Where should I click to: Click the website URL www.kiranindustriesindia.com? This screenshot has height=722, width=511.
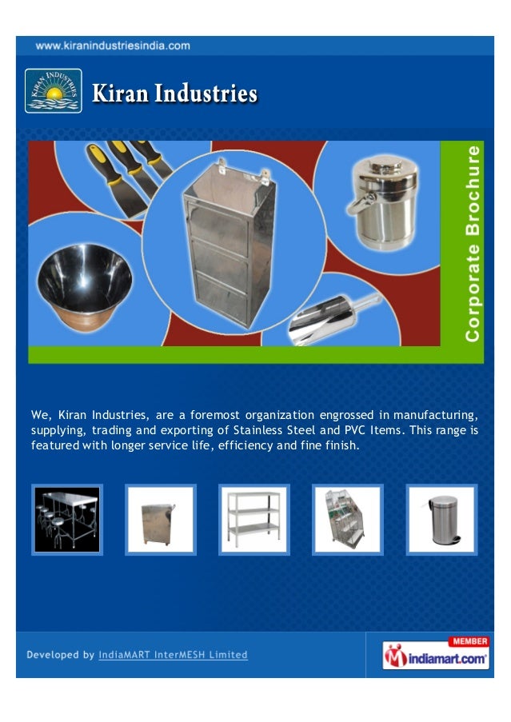112,46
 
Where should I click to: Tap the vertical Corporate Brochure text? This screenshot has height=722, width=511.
473,243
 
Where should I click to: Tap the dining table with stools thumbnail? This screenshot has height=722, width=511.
67,519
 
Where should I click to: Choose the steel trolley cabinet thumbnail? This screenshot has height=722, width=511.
160,519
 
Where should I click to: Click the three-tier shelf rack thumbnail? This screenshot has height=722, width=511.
254,519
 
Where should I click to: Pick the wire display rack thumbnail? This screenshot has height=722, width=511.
348,519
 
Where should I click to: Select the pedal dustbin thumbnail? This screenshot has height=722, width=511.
441,519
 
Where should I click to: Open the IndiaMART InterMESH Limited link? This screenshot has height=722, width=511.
173,655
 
